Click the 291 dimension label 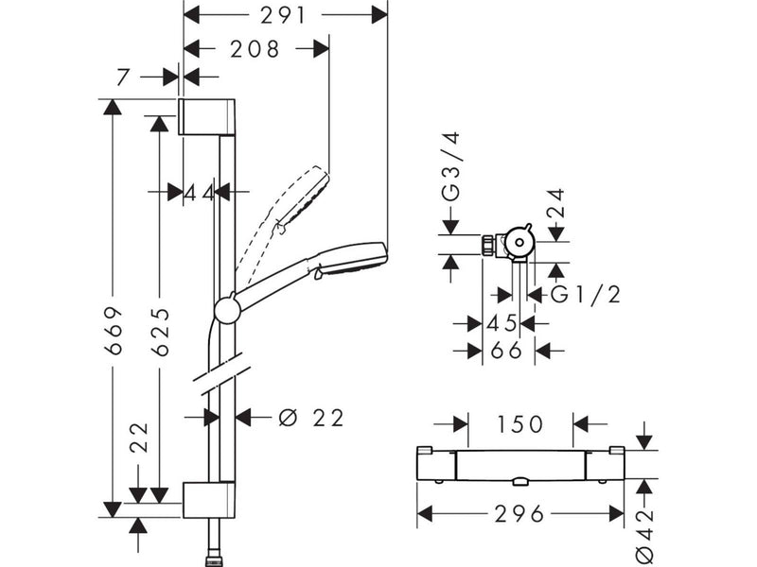pyautogui.click(x=283, y=15)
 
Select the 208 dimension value pyautogui.click(x=255, y=49)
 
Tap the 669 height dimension pyautogui.click(x=114, y=330)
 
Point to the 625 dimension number pyautogui.click(x=160, y=333)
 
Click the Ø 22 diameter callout pyautogui.click(x=311, y=418)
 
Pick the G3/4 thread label pyautogui.click(x=452, y=166)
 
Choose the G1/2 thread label pyautogui.click(x=585, y=295)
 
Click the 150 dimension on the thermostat pyautogui.click(x=519, y=424)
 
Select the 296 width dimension pyautogui.click(x=519, y=514)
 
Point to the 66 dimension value pyautogui.click(x=506, y=351)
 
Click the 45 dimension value pyautogui.click(x=502, y=323)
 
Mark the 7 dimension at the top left pyautogui.click(x=124, y=77)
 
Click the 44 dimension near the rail pyautogui.click(x=199, y=194)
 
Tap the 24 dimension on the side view pyautogui.click(x=555, y=203)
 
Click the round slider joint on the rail pyautogui.click(x=227, y=310)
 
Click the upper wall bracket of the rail pyautogui.click(x=207, y=117)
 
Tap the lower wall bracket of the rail pyautogui.click(x=209, y=500)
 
